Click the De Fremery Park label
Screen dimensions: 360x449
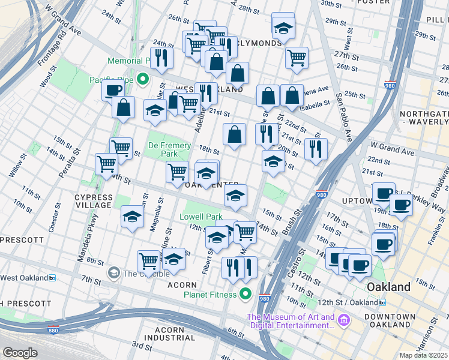coord(170,150)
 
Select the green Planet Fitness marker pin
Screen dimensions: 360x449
coord(245,293)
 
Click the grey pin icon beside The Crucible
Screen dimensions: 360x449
coord(113,274)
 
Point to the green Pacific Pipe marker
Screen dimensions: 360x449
coord(143,79)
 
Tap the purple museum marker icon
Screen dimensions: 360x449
coord(343,320)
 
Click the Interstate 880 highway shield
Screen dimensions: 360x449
coord(53,330)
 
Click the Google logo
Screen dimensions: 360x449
coord(20,353)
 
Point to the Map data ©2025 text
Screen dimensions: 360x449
coord(423,355)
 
